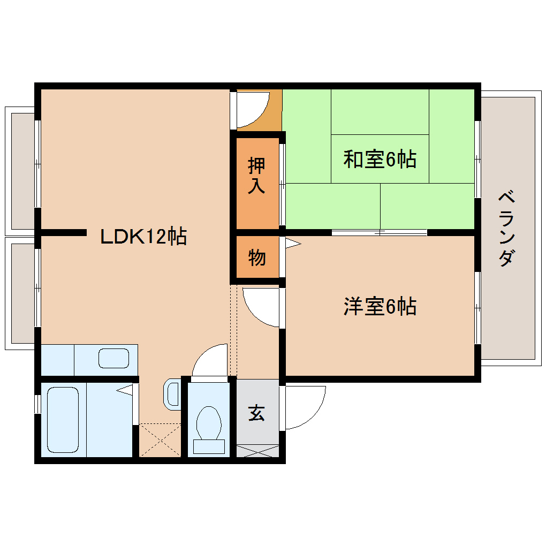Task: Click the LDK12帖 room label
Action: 143,236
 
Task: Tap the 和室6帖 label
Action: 380,159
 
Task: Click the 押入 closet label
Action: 257,176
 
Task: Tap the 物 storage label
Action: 257,257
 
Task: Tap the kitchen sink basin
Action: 114,358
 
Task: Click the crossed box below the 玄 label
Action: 257,451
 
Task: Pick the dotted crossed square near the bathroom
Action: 160,440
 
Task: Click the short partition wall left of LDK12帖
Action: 64,232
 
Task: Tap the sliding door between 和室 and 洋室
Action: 379,232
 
